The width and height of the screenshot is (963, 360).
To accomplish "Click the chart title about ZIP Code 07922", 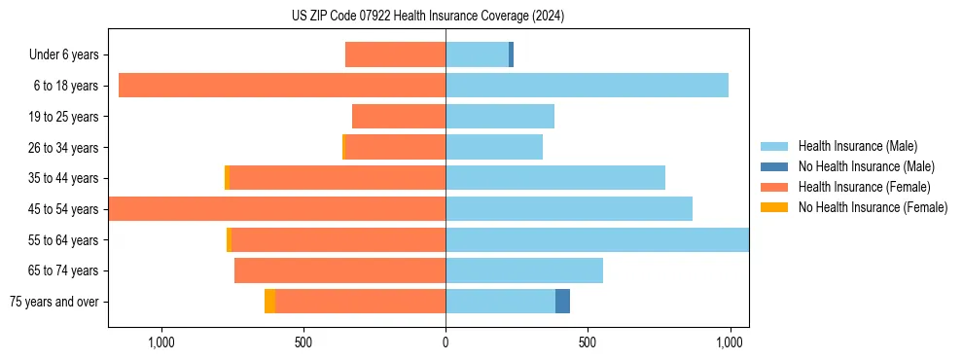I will tap(427, 16).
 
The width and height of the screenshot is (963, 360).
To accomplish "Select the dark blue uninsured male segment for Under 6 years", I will tap(511, 54).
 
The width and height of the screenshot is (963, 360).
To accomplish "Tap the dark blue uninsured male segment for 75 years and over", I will tap(562, 301).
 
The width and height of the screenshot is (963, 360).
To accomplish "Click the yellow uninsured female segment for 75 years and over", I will tap(269, 301).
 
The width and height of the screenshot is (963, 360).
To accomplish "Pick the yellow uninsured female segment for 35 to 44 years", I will tap(227, 178).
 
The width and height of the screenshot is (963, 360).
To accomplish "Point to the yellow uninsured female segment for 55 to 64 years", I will tap(229, 239).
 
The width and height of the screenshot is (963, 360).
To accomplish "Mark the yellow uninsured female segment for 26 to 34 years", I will tap(344, 147).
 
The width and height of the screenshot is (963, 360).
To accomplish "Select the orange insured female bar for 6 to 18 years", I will tap(282, 86).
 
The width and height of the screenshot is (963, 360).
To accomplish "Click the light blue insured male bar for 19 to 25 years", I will tap(500, 117).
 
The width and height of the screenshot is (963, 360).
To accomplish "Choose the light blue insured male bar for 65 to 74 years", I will tap(524, 270).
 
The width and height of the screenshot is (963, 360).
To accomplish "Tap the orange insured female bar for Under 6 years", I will tap(395, 54).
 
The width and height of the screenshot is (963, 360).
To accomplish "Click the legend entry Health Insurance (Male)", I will tap(857, 146).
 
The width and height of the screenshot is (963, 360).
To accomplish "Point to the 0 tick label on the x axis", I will tap(446, 342).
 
